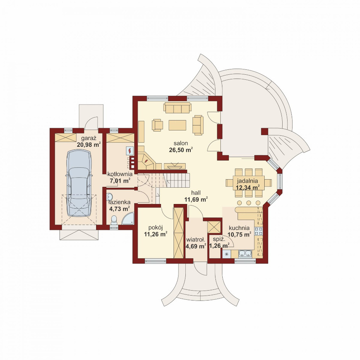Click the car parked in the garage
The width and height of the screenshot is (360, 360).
(79, 183)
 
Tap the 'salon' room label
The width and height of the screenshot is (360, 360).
(181, 143)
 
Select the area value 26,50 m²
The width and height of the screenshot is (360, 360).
(181, 150)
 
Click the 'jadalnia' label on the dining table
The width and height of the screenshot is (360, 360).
(247, 181)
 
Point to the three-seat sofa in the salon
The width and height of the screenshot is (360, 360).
(177, 108)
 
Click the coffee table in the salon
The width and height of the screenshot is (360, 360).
(177, 125)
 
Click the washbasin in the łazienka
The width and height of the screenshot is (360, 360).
(110, 197)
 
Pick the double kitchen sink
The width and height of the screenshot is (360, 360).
(245, 254)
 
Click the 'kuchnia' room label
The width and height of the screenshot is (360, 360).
(239, 228)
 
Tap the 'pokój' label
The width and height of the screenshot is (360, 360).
(156, 228)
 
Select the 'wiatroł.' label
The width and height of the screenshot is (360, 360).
(195, 240)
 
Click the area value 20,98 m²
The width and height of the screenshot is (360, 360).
(88, 145)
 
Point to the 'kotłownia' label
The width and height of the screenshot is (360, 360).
(120, 174)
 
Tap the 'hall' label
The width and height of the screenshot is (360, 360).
(196, 193)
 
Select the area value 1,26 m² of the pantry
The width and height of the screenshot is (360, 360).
(220, 246)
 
